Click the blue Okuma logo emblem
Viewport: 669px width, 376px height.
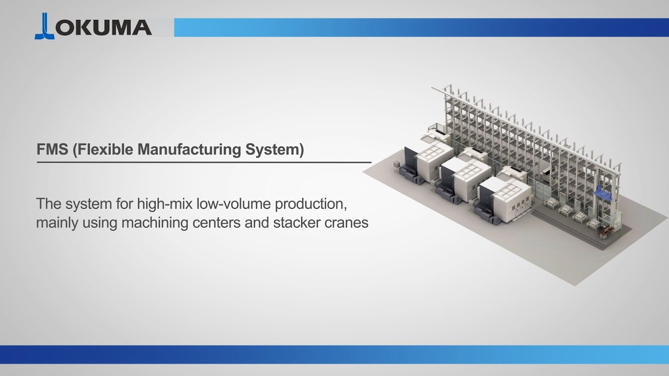pos(44,27)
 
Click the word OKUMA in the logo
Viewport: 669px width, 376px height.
pos(103,27)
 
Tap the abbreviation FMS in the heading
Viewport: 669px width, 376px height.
pos(52,150)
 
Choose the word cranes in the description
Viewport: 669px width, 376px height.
pos(346,222)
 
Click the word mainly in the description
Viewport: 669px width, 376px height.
pos(57,223)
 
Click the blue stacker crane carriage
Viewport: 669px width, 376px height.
pos(606,194)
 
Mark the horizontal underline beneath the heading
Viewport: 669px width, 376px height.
pos(204,162)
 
